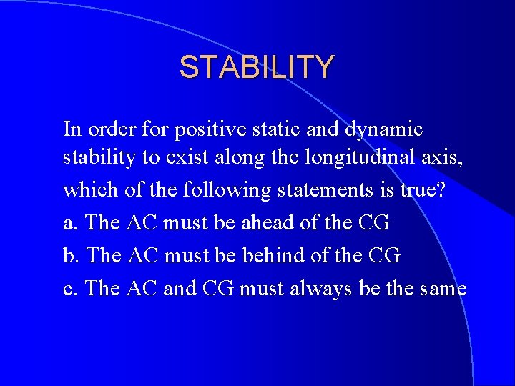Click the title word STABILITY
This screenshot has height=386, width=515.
[256, 67]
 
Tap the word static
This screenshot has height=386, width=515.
[270, 129]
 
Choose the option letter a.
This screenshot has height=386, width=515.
[70, 222]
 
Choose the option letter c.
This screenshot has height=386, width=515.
[70, 288]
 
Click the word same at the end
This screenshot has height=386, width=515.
[441, 288]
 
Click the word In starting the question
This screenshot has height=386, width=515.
[72, 129]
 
